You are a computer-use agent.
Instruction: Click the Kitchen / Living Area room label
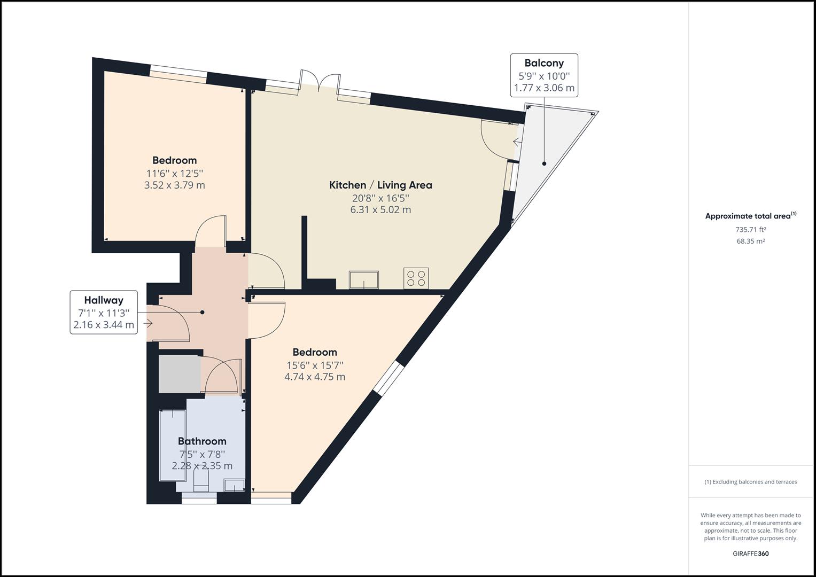380,185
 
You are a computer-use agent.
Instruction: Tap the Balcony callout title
543,63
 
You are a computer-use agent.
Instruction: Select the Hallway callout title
103,300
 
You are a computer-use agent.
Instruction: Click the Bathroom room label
202,441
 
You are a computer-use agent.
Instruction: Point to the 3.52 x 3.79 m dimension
174,185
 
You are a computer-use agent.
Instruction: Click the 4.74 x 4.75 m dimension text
314,377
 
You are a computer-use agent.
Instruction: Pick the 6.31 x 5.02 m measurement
380,210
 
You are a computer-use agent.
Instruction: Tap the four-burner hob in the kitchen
416,278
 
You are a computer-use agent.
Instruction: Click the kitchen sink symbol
363,279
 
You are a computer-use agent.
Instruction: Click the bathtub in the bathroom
172,445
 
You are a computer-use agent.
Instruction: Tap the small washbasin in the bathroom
234,485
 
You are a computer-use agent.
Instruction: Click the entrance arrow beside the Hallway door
148,323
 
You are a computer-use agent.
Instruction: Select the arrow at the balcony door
517,142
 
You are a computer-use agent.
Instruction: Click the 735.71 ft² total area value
750,230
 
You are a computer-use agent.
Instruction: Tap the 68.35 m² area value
750,241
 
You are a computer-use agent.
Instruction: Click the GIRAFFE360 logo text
750,553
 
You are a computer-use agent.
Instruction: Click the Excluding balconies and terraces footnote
750,482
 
